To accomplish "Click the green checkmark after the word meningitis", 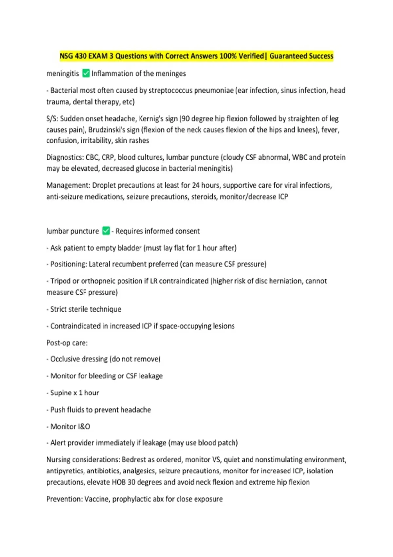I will click(x=86, y=73).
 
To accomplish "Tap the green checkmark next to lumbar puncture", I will click(x=106, y=231).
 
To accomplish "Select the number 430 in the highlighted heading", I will click(x=81, y=56).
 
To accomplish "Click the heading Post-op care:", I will click(x=67, y=343).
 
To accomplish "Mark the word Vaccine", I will click(x=98, y=499).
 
